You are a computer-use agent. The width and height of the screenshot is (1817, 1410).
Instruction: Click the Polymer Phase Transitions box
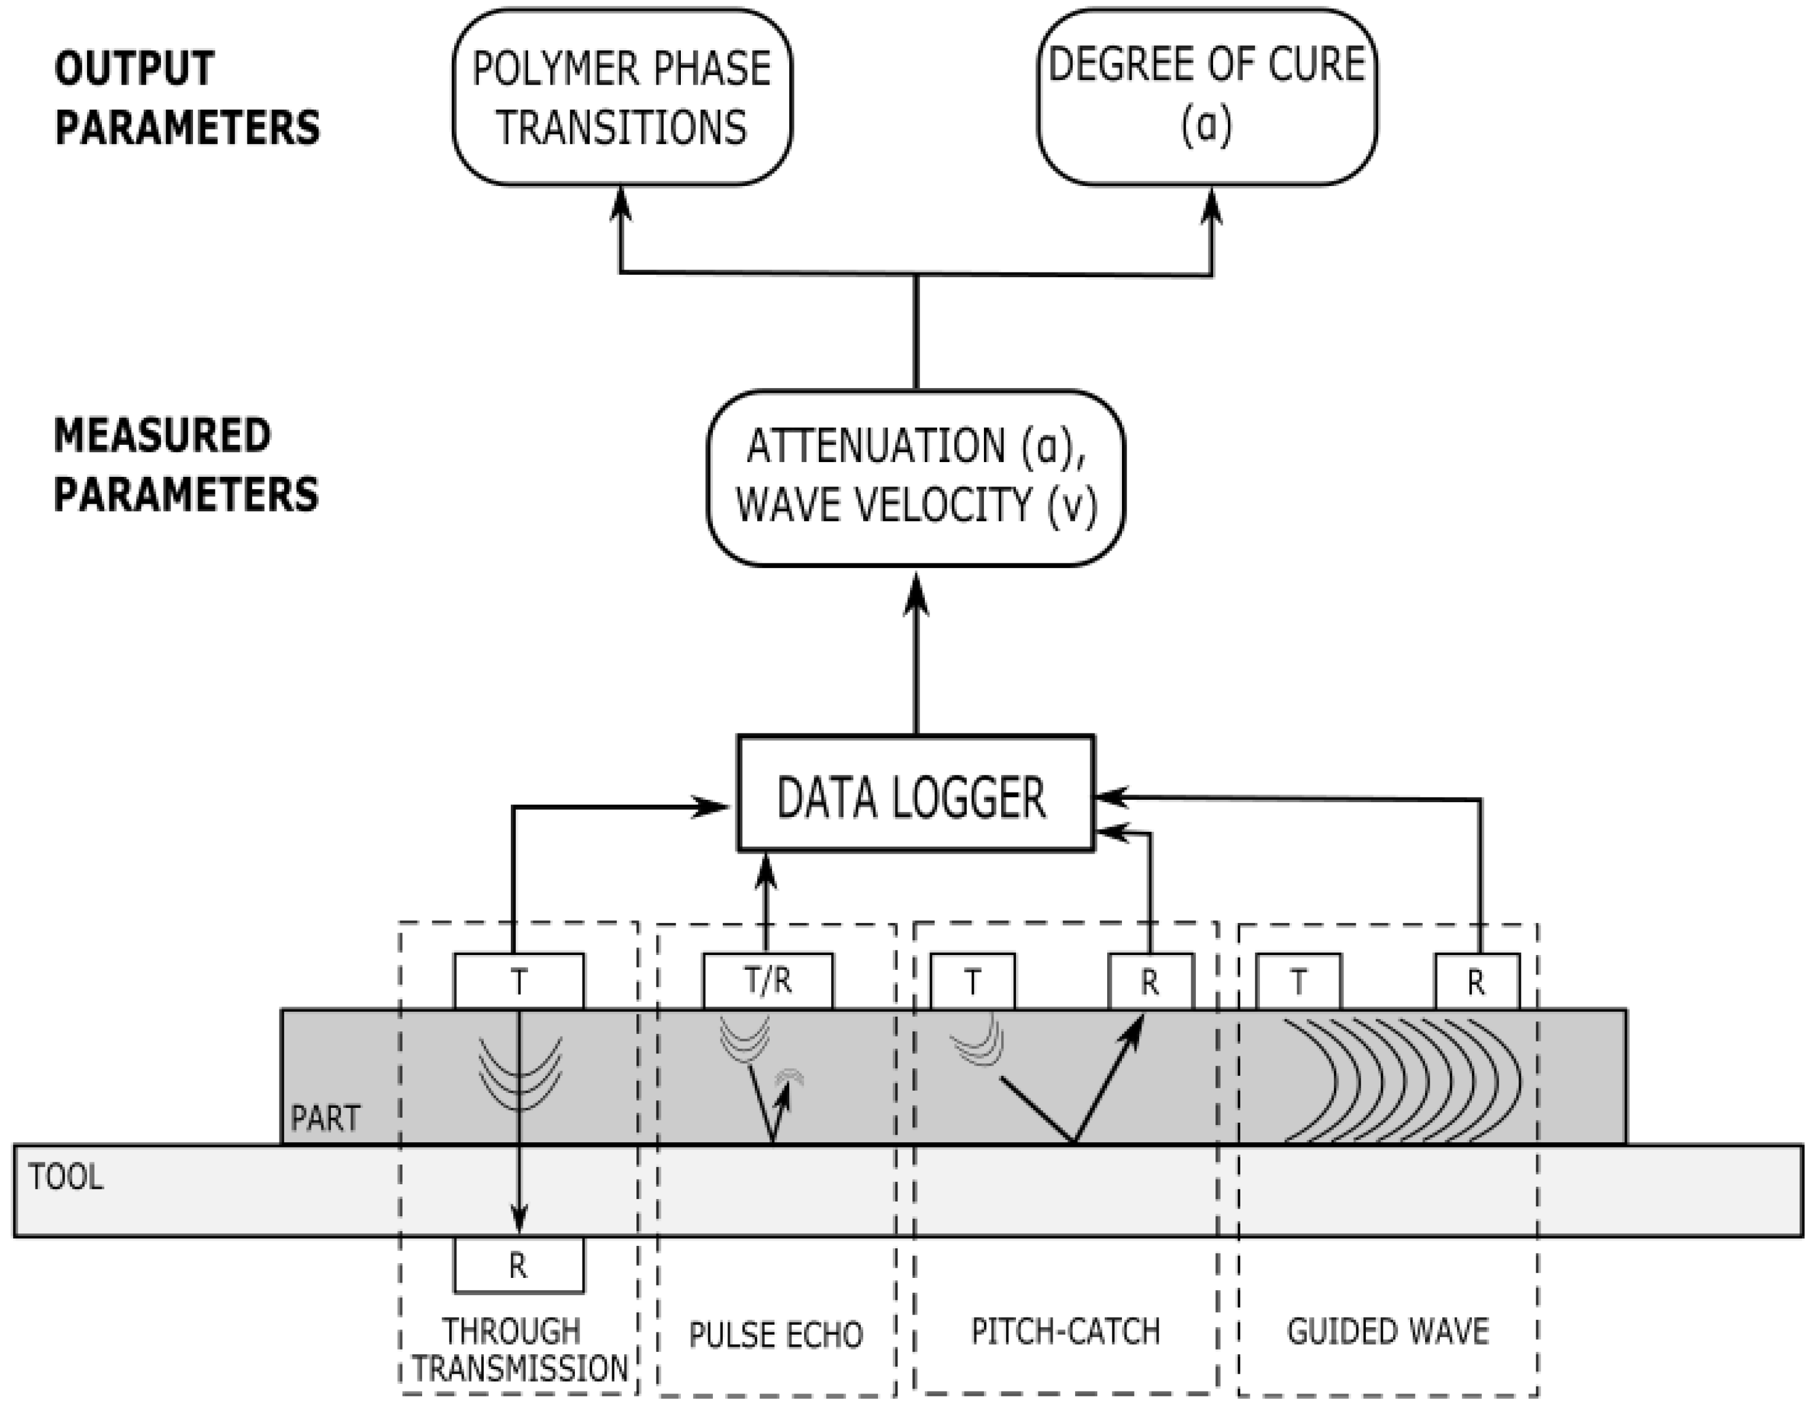(622, 97)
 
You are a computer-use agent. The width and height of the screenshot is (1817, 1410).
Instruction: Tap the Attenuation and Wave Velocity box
(915, 477)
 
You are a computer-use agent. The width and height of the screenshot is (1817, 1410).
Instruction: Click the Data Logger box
(915, 793)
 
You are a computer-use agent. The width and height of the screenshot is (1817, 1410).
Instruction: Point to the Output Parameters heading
(186, 97)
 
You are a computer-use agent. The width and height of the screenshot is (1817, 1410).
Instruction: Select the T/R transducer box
(767, 981)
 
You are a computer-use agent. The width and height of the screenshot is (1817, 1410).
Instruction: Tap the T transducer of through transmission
(518, 981)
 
